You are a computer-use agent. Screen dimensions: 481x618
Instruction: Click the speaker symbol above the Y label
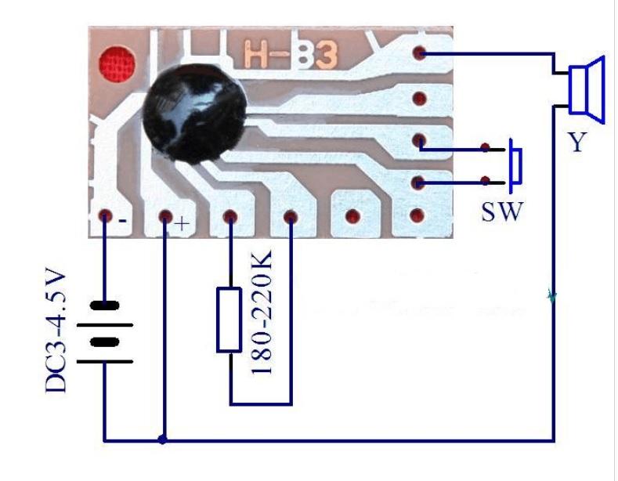(x=587, y=89)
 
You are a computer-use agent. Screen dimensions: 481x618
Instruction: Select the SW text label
(x=500, y=212)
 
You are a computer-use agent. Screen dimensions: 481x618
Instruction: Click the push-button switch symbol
(x=515, y=165)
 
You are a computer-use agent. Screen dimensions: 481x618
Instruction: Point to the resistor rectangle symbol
(x=229, y=319)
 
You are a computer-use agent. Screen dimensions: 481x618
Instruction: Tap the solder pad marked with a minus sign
(x=105, y=216)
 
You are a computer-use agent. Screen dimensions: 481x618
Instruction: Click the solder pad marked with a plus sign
(x=164, y=216)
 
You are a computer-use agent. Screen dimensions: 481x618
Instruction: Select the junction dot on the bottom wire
(x=163, y=440)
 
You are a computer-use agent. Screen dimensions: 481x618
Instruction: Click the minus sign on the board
(x=123, y=221)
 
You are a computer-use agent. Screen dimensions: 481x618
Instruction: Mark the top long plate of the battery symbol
(x=106, y=305)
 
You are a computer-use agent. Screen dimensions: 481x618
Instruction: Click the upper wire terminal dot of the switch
(x=486, y=147)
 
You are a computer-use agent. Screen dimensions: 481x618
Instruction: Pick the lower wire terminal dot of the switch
(x=486, y=183)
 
